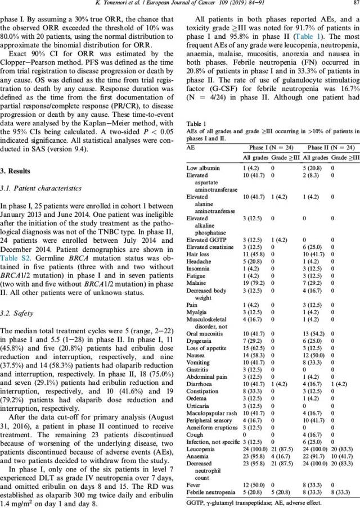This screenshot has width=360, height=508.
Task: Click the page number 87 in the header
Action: click(x=352, y=6)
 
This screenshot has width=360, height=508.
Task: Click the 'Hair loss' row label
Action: click(x=198, y=271)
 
